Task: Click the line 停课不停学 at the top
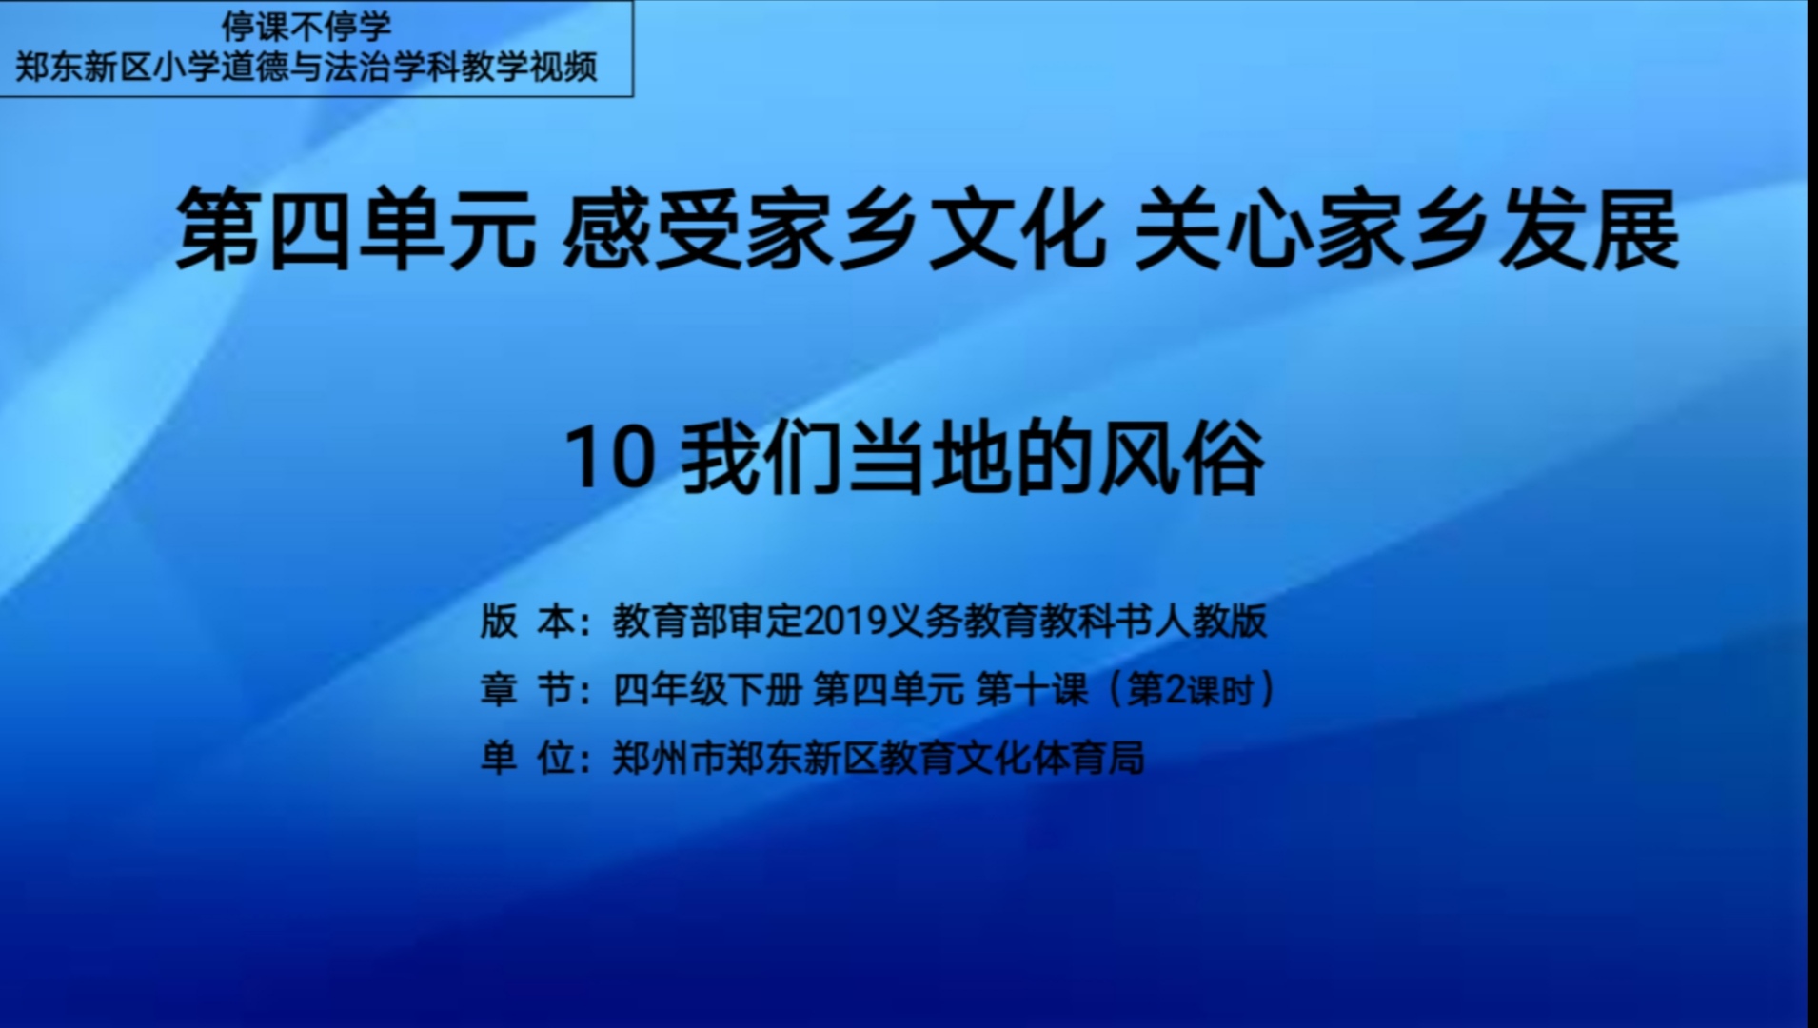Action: [306, 26]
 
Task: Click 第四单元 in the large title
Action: [356, 229]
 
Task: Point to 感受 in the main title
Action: [651, 229]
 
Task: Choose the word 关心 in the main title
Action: [1224, 229]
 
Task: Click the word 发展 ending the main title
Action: [1590, 229]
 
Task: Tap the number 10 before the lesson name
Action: [610, 459]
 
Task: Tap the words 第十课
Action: [1032, 689]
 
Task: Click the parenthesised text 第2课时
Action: [1190, 689]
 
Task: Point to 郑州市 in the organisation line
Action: [669, 758]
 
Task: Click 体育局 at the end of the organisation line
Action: [1088, 758]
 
